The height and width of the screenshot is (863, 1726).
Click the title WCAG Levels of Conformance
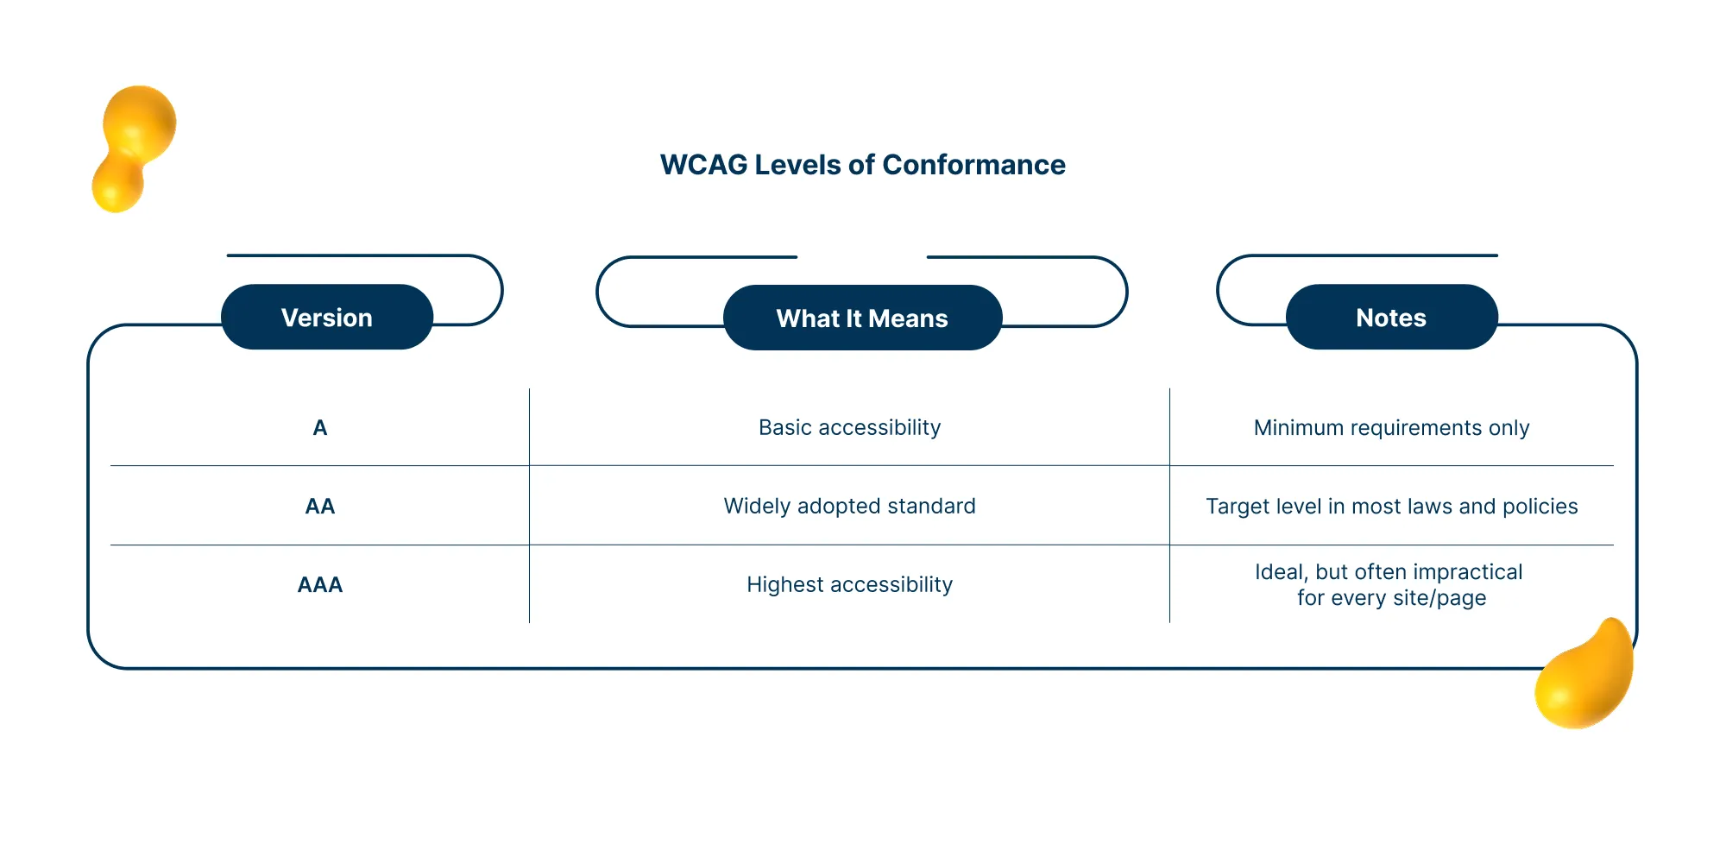tap(862, 165)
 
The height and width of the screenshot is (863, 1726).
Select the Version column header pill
tap(327, 318)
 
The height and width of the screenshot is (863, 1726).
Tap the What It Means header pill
tap(862, 318)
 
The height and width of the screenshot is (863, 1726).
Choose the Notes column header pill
tap(1391, 318)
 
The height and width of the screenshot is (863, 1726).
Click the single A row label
tap(320, 428)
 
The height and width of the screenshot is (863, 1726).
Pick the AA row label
tap(320, 507)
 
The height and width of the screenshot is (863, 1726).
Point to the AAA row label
tap(320, 585)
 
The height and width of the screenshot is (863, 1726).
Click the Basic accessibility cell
tap(849, 428)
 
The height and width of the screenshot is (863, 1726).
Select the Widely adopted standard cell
tap(849, 507)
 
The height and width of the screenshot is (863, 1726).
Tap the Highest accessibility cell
tap(849, 585)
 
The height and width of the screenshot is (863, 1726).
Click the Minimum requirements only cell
tap(1391, 428)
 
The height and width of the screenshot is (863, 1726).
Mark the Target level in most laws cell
tap(1391, 507)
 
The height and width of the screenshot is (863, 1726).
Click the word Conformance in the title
tap(973, 165)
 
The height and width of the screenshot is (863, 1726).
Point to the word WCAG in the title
tap(703, 165)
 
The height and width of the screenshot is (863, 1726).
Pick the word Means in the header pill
tap(908, 318)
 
